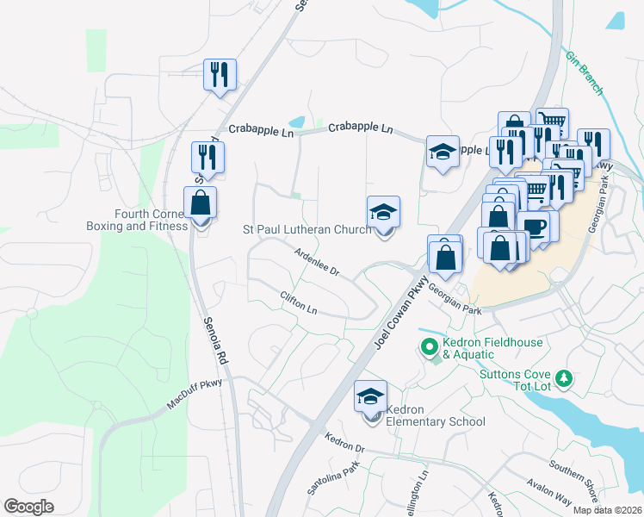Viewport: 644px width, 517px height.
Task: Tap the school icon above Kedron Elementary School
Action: [371, 397]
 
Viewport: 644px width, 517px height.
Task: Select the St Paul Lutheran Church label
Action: [307, 229]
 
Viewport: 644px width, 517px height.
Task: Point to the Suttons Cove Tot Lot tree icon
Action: [564, 378]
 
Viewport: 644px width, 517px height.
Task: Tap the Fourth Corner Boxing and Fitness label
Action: [150, 220]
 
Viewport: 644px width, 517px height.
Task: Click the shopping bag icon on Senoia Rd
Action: [200, 204]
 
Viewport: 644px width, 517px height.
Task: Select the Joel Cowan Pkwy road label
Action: [401, 308]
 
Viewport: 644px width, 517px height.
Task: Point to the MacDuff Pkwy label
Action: [194, 395]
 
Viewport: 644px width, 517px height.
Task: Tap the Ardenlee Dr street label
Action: [318, 262]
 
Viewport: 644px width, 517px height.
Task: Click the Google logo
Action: [29, 507]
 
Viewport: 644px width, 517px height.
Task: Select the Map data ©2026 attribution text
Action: [607, 510]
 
